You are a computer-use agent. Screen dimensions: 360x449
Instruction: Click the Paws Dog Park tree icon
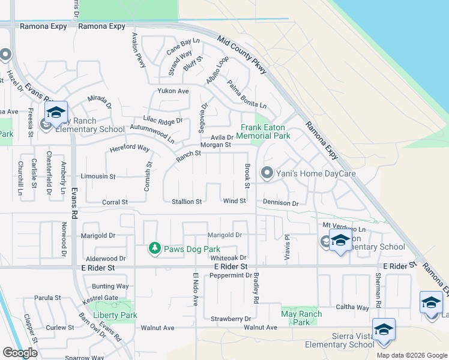click(155, 248)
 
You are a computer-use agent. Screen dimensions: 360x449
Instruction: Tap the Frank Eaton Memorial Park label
click(265, 131)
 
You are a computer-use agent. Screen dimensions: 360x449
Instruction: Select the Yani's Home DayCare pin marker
click(267, 174)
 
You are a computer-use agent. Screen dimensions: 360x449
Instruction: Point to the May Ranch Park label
click(301, 318)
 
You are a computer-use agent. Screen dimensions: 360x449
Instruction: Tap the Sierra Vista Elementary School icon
click(384, 330)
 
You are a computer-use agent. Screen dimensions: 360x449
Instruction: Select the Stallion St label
click(187, 202)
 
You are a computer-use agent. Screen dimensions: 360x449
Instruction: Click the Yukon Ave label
click(173, 91)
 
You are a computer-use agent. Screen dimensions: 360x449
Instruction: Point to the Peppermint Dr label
click(231, 275)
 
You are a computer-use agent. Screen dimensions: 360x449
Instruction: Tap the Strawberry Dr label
click(231, 319)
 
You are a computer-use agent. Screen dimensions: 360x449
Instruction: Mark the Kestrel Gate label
click(101, 298)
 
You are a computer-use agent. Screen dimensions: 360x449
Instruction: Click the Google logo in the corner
click(20, 353)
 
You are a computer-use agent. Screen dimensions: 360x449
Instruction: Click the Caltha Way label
click(354, 307)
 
